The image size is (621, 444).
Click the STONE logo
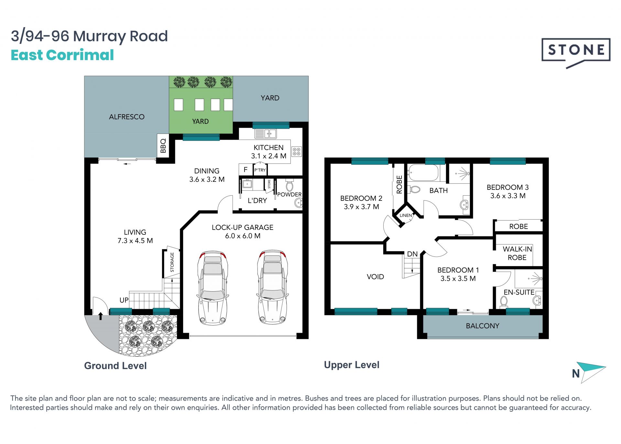[x=576, y=53]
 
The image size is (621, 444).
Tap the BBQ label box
[x=163, y=146]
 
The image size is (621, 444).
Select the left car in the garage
[x=212, y=287]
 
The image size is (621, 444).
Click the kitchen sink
[x=266, y=134]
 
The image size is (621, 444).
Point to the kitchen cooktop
[x=297, y=151]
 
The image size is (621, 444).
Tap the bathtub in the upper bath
[x=423, y=173]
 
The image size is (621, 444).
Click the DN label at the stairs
[x=412, y=254]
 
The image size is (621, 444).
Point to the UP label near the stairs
[x=124, y=300]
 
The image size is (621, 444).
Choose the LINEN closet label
[x=406, y=215]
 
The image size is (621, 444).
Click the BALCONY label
[x=482, y=326]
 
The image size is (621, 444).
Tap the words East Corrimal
[x=62, y=55]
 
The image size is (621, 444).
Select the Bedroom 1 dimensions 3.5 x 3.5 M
[x=458, y=278]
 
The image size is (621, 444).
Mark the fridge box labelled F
[x=245, y=169]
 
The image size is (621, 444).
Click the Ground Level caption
[x=115, y=366]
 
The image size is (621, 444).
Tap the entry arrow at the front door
[x=101, y=316]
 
